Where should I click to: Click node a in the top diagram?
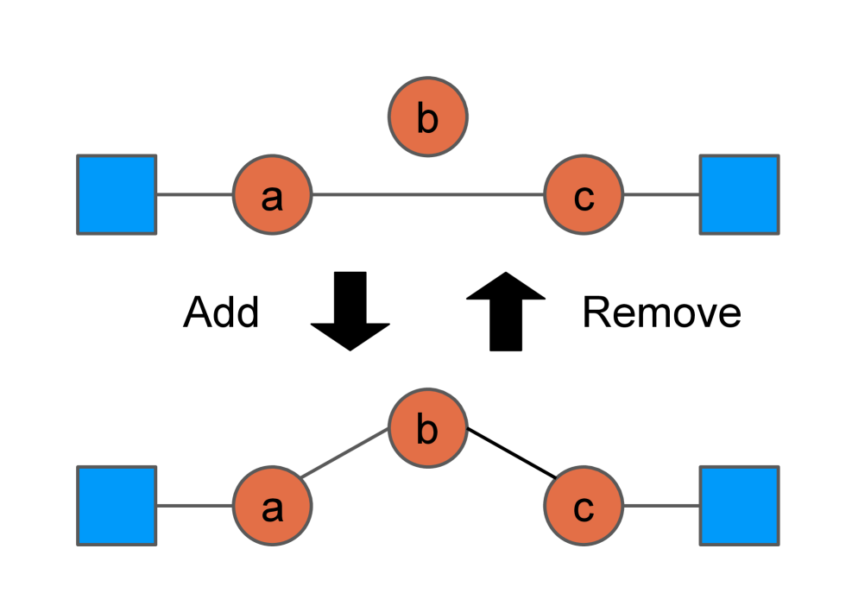pos(272,195)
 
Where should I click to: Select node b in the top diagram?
pos(428,117)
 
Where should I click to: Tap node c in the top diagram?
pos(584,195)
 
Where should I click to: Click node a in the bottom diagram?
pos(272,506)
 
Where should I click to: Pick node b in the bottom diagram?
pos(428,427)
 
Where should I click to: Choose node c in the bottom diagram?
pos(584,506)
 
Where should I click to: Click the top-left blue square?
pos(117,195)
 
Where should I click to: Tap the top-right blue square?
pos(739,195)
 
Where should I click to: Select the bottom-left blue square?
pos(117,506)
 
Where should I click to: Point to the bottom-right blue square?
pos(739,506)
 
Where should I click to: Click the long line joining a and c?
pos(427,195)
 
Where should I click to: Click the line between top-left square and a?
pos(194,195)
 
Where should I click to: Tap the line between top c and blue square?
pos(661,195)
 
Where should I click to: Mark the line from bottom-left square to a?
pos(194,506)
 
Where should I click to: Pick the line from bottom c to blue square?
pos(661,506)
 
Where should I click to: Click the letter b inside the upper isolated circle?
pos(427,119)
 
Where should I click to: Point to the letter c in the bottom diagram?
pos(584,509)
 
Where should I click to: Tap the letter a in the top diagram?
pos(272,199)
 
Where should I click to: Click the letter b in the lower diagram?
pos(427,430)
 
